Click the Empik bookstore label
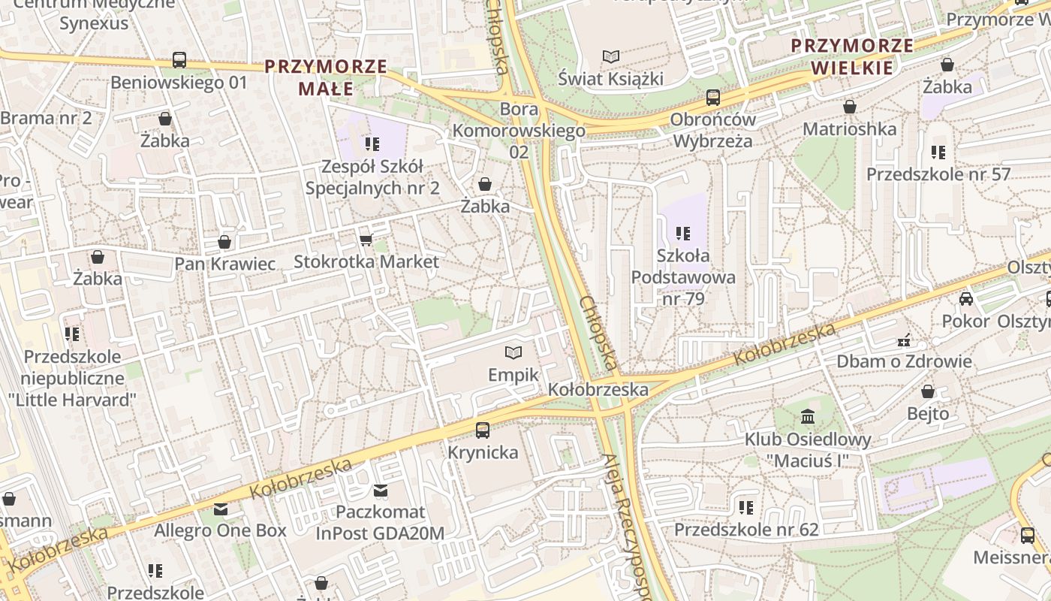(x=513, y=374)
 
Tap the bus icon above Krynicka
(x=483, y=430)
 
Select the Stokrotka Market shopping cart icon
(x=366, y=240)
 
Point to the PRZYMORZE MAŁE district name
(x=326, y=77)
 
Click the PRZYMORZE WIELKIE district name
(x=852, y=56)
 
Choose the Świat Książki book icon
(x=612, y=56)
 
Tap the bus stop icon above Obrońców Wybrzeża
(x=712, y=98)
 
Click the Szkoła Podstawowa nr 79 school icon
(x=682, y=234)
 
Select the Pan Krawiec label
(x=225, y=264)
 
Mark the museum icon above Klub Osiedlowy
(x=808, y=416)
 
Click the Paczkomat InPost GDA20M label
(x=380, y=522)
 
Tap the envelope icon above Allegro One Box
(x=220, y=509)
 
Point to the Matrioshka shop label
(x=849, y=128)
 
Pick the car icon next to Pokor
(x=966, y=299)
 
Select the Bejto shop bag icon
(x=928, y=391)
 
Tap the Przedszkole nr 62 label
(x=745, y=530)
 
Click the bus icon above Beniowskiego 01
(x=179, y=60)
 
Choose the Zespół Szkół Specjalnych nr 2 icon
(x=372, y=143)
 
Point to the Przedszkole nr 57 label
(x=938, y=174)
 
